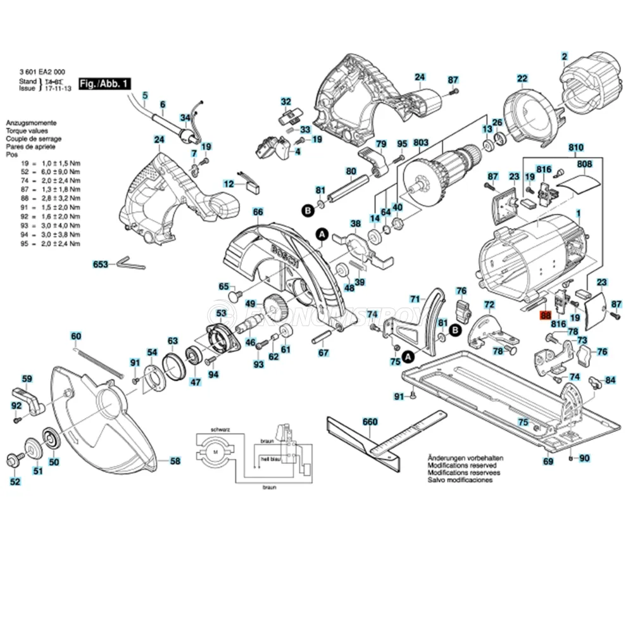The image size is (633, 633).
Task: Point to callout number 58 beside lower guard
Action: (175, 461)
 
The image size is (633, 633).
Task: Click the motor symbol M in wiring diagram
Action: (215, 452)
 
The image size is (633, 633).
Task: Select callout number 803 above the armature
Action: (421, 142)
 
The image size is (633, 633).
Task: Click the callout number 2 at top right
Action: (564, 57)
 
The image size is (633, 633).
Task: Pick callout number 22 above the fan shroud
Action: (522, 78)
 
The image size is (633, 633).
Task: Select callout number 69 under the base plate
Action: (548, 461)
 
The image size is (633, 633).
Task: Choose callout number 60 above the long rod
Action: (76, 335)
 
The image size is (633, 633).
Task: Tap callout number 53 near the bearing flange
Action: (221, 313)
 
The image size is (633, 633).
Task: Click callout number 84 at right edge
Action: (610, 380)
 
